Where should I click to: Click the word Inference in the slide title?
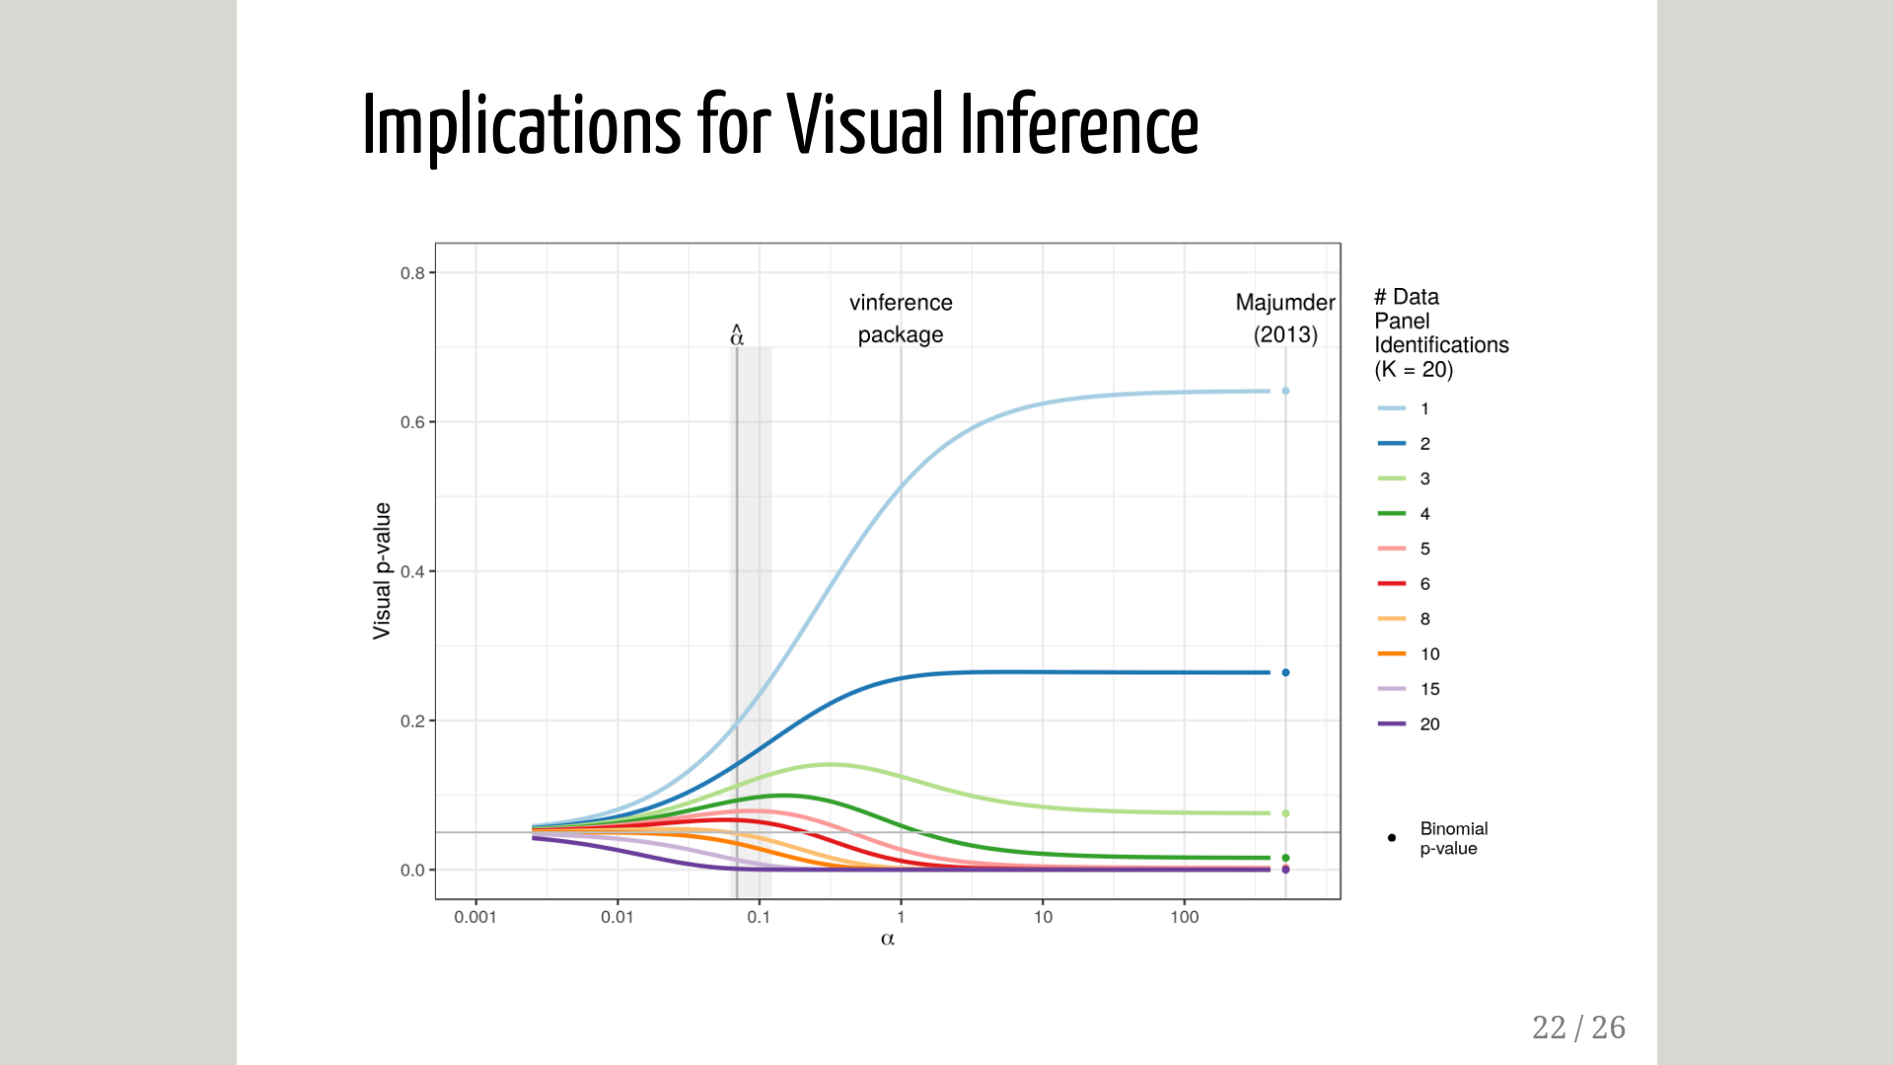(1079, 125)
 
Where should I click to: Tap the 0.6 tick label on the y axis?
(412, 423)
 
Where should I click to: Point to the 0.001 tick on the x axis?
(474, 917)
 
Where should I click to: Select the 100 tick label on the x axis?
(1184, 917)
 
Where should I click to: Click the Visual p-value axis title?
(382, 571)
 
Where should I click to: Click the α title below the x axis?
(888, 939)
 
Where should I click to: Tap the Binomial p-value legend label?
(1453, 838)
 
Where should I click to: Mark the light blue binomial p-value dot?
(1285, 391)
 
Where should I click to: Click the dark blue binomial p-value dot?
(1285, 673)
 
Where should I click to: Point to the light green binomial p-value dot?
(1285, 814)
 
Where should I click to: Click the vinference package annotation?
(901, 319)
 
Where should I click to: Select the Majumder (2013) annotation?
(1285, 319)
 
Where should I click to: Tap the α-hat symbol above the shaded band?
(737, 335)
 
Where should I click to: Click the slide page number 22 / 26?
(1578, 1028)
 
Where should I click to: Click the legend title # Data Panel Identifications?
(1440, 333)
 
